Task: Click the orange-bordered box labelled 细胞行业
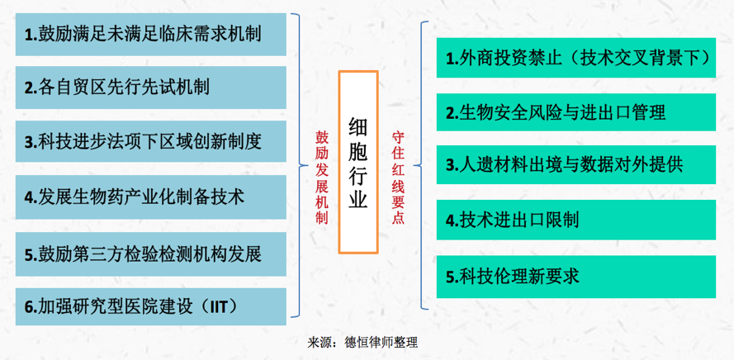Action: click(x=358, y=162)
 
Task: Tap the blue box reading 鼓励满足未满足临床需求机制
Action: click(x=151, y=35)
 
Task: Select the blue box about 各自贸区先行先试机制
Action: click(x=151, y=88)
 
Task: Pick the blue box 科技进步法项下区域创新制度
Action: click(x=151, y=141)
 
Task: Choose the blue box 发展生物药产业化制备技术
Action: click(x=151, y=197)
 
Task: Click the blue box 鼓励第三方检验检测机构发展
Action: click(x=151, y=254)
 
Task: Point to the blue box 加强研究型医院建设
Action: click(x=151, y=306)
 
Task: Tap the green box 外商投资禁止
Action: click(x=576, y=58)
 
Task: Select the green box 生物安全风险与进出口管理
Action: click(x=576, y=112)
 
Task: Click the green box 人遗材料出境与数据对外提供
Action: click(x=576, y=165)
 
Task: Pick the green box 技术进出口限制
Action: click(x=576, y=220)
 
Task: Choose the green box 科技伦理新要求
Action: click(x=576, y=277)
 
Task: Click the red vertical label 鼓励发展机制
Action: click(x=322, y=178)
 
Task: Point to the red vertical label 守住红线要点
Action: click(x=398, y=178)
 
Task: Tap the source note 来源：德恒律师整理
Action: click(x=362, y=343)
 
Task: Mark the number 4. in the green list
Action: click(x=452, y=220)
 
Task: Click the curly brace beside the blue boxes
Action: click(x=299, y=165)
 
